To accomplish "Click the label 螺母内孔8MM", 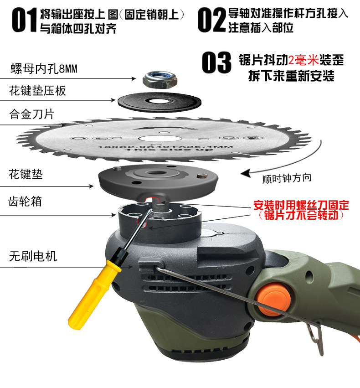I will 44,69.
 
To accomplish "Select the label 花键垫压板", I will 38,91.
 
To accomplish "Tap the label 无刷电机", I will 33,256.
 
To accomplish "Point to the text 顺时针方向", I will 287,178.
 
